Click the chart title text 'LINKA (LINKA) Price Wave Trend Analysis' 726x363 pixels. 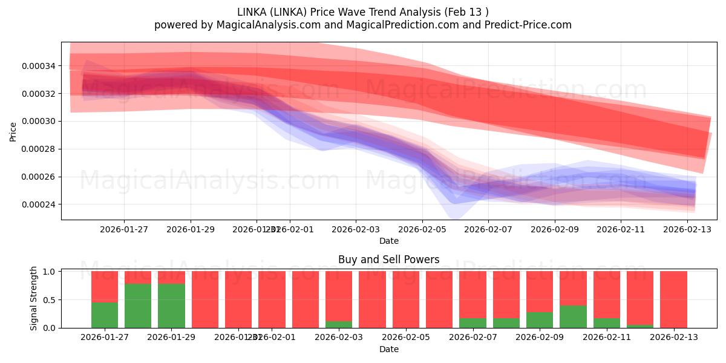pyautogui.click(x=339, y=11)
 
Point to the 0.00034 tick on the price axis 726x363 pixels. pyautogui.click(x=40, y=65)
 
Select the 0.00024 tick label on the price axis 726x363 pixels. pyautogui.click(x=40, y=204)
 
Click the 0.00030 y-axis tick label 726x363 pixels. pyautogui.click(x=40, y=121)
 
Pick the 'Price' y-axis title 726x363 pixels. pyautogui.click(x=13, y=131)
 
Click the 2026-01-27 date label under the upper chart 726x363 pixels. pyautogui.click(x=124, y=229)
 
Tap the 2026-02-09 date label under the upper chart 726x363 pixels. pyautogui.click(x=554, y=229)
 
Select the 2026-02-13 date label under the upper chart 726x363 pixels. pyautogui.click(x=687, y=229)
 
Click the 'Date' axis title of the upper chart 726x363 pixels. pyautogui.click(x=388, y=241)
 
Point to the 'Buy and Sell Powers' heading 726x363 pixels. pyautogui.click(x=388, y=260)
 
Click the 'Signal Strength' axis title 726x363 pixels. pyautogui.click(x=34, y=298)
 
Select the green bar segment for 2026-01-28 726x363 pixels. pyautogui.click(x=138, y=306)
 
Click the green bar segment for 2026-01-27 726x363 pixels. pyautogui.click(x=105, y=315)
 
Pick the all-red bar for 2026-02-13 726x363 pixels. pyautogui.click(x=673, y=299)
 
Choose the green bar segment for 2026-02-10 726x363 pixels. pyautogui.click(x=573, y=316)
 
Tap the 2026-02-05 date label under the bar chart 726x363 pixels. pyautogui.click(x=405, y=338)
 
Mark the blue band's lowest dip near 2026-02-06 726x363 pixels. pyautogui.click(x=455, y=217)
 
